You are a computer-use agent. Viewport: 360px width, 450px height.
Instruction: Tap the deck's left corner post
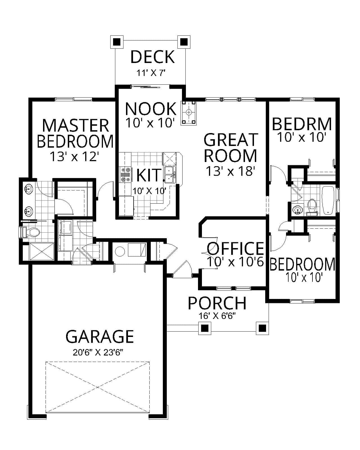pos(116,42)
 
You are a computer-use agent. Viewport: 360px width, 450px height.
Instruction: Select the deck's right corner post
pos(184,42)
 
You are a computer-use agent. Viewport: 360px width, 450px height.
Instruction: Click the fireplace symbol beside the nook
pos(189,113)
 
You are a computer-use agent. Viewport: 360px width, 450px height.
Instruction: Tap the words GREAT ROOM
pos(230,148)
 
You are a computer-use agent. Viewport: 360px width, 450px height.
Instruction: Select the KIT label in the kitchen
pos(149,175)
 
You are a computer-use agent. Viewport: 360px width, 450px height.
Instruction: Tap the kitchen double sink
pos(169,174)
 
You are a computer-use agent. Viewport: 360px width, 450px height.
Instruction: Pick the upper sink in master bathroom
pos(28,190)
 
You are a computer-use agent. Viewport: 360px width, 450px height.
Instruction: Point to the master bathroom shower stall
pos(41,251)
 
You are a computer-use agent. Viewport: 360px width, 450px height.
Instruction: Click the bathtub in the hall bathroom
pos(328,200)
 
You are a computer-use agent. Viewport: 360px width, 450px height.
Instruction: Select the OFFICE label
pos(236,248)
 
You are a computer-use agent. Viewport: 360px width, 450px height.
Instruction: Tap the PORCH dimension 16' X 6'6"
pos(217,316)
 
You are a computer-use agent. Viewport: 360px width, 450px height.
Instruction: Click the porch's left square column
pos(205,328)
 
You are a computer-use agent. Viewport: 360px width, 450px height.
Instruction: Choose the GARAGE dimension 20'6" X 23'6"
pos(98,352)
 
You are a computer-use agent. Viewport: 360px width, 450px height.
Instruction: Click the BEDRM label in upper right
pos(302,124)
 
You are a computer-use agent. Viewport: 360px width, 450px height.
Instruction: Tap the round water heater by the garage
pos(120,251)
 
